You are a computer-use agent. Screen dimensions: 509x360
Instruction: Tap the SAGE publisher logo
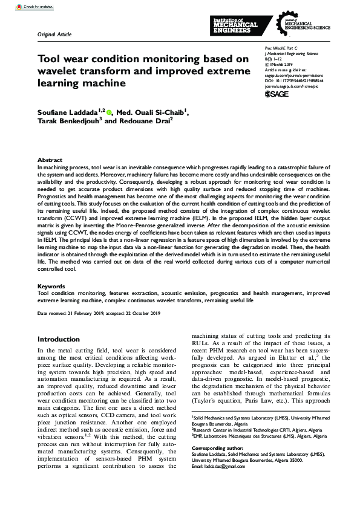click(x=277, y=94)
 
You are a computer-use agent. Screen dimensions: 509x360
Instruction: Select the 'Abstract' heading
click(x=50, y=160)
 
